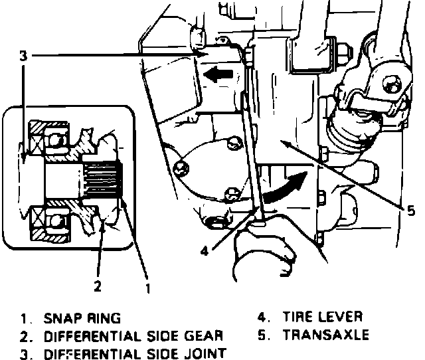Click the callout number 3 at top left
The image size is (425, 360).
(23, 57)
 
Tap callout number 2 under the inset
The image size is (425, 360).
(98, 287)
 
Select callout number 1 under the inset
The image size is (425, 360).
(147, 288)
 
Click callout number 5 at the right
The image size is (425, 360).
(411, 211)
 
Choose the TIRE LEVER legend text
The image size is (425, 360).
(323, 317)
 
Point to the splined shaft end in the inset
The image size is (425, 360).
(105, 180)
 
